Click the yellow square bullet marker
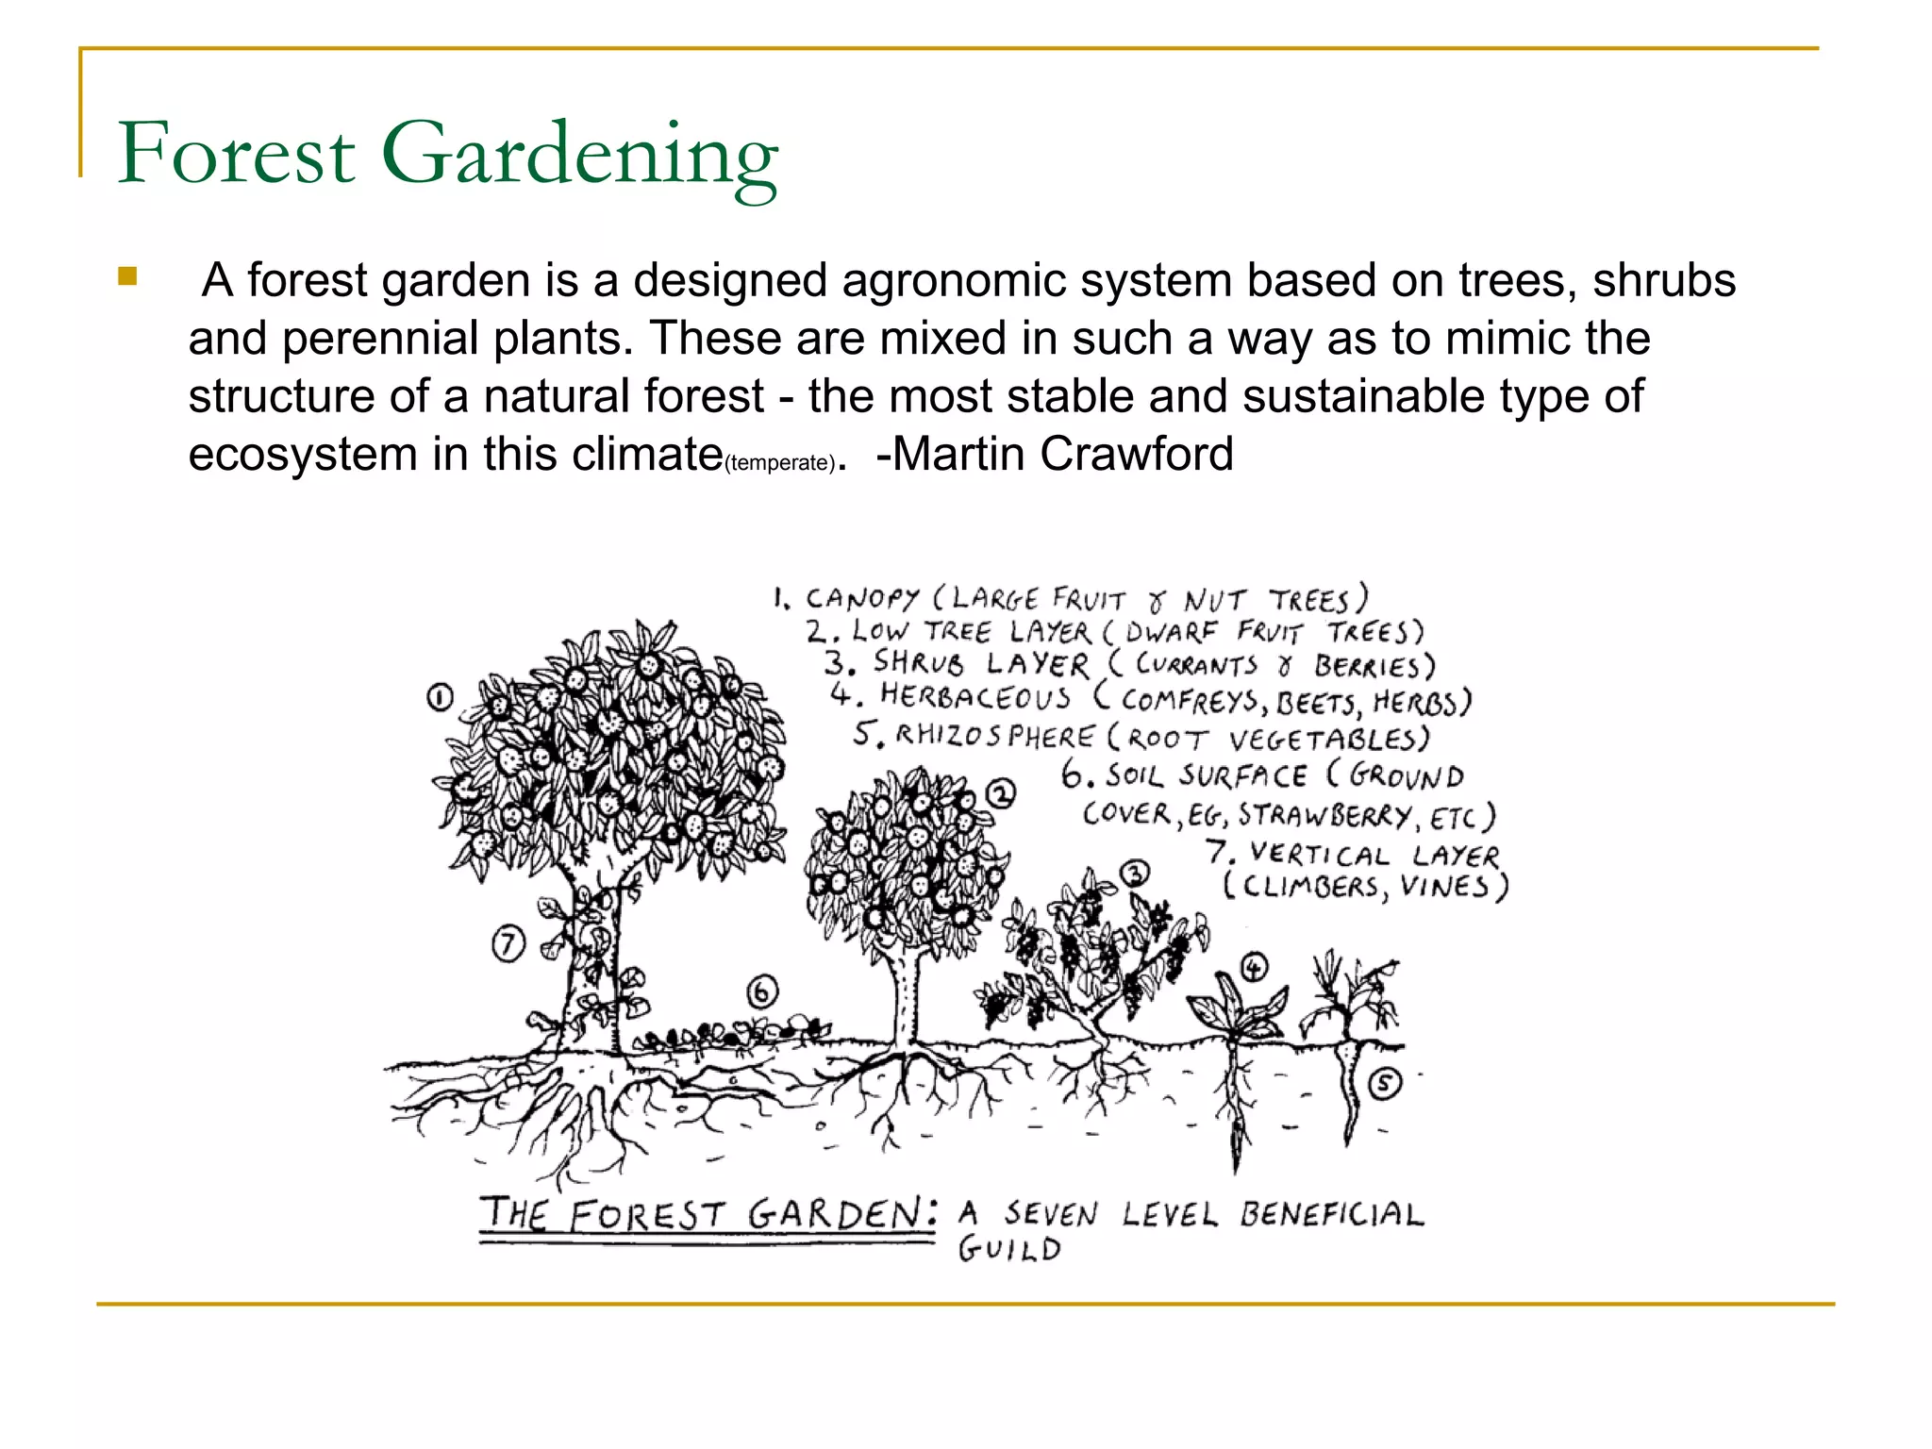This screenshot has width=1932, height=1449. [127, 277]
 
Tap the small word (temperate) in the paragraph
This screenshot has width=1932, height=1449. [779, 463]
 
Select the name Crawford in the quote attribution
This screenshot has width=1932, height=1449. [1136, 455]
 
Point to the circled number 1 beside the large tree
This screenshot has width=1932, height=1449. [440, 698]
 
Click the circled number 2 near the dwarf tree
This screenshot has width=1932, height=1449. [1001, 793]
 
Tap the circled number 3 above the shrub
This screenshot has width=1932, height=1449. [1135, 874]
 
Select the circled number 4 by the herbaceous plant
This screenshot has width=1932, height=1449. [1254, 967]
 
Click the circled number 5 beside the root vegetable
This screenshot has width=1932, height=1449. [1384, 1084]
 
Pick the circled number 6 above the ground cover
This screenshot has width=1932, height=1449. [762, 992]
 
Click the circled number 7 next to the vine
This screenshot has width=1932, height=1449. [508, 943]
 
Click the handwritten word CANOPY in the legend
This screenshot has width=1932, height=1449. [861, 598]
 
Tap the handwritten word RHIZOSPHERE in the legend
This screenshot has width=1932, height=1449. [994, 735]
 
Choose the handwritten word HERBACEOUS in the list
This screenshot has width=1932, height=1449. [975, 697]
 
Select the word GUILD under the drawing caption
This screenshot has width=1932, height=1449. [1009, 1250]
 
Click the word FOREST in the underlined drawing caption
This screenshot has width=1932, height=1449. [647, 1214]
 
